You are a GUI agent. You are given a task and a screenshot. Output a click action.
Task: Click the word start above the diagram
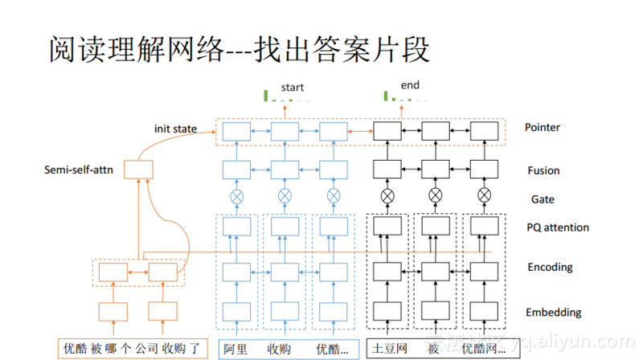point(293,87)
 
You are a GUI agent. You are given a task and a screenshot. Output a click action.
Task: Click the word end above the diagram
point(410,85)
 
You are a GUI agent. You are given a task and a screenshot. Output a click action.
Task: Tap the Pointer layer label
point(542,127)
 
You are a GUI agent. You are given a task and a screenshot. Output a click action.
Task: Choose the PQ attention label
point(556,227)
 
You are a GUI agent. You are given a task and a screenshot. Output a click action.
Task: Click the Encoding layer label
point(549,268)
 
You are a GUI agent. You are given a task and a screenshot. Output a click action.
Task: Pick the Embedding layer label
point(553,312)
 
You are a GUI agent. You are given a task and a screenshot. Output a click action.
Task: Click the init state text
point(175,129)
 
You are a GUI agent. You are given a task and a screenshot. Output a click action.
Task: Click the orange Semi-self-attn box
point(138,170)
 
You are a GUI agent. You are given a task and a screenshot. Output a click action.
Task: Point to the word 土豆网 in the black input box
point(387,350)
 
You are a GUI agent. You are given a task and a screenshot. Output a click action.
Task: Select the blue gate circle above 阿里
point(236,195)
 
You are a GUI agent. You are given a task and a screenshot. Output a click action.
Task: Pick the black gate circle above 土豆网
point(387,194)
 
